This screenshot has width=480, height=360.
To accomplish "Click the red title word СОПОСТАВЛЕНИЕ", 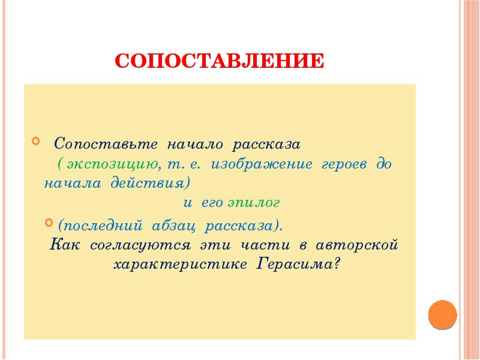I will click(220, 61).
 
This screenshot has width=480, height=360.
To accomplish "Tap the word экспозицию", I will click(114, 164).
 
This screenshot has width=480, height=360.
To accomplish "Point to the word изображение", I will click(262, 164).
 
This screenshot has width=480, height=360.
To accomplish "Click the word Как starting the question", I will click(64, 245).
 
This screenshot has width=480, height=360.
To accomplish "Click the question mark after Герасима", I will click(337, 264).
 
